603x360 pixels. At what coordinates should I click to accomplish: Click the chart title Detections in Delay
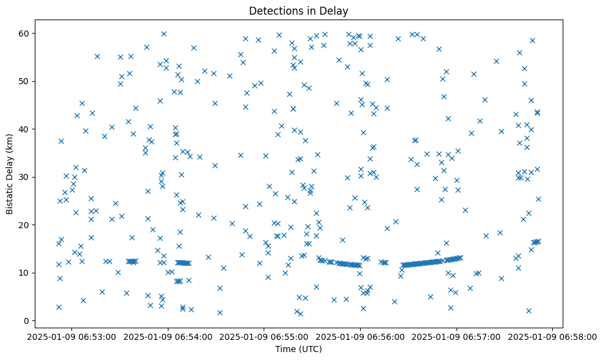click(x=298, y=10)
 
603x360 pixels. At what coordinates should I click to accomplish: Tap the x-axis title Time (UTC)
click(x=298, y=349)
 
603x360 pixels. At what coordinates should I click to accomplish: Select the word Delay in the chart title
click(x=336, y=10)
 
